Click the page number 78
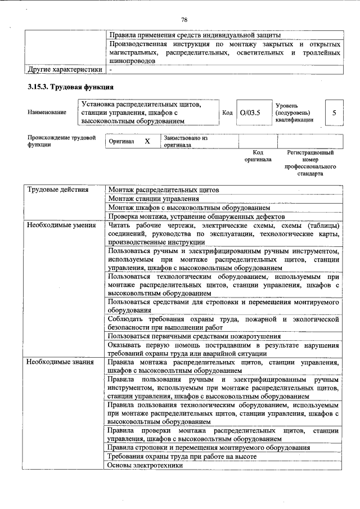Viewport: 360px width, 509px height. (183, 20)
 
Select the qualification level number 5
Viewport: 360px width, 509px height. (334, 112)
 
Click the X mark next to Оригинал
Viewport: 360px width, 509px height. (147, 141)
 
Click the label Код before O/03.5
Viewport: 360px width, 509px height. (227, 112)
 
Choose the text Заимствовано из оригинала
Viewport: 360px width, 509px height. (186, 141)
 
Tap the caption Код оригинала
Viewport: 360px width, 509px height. (258, 156)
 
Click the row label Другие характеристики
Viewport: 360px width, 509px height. (65, 69)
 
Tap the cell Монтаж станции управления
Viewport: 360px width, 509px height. (154, 199)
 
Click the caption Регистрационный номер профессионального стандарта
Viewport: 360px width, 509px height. (310, 163)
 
